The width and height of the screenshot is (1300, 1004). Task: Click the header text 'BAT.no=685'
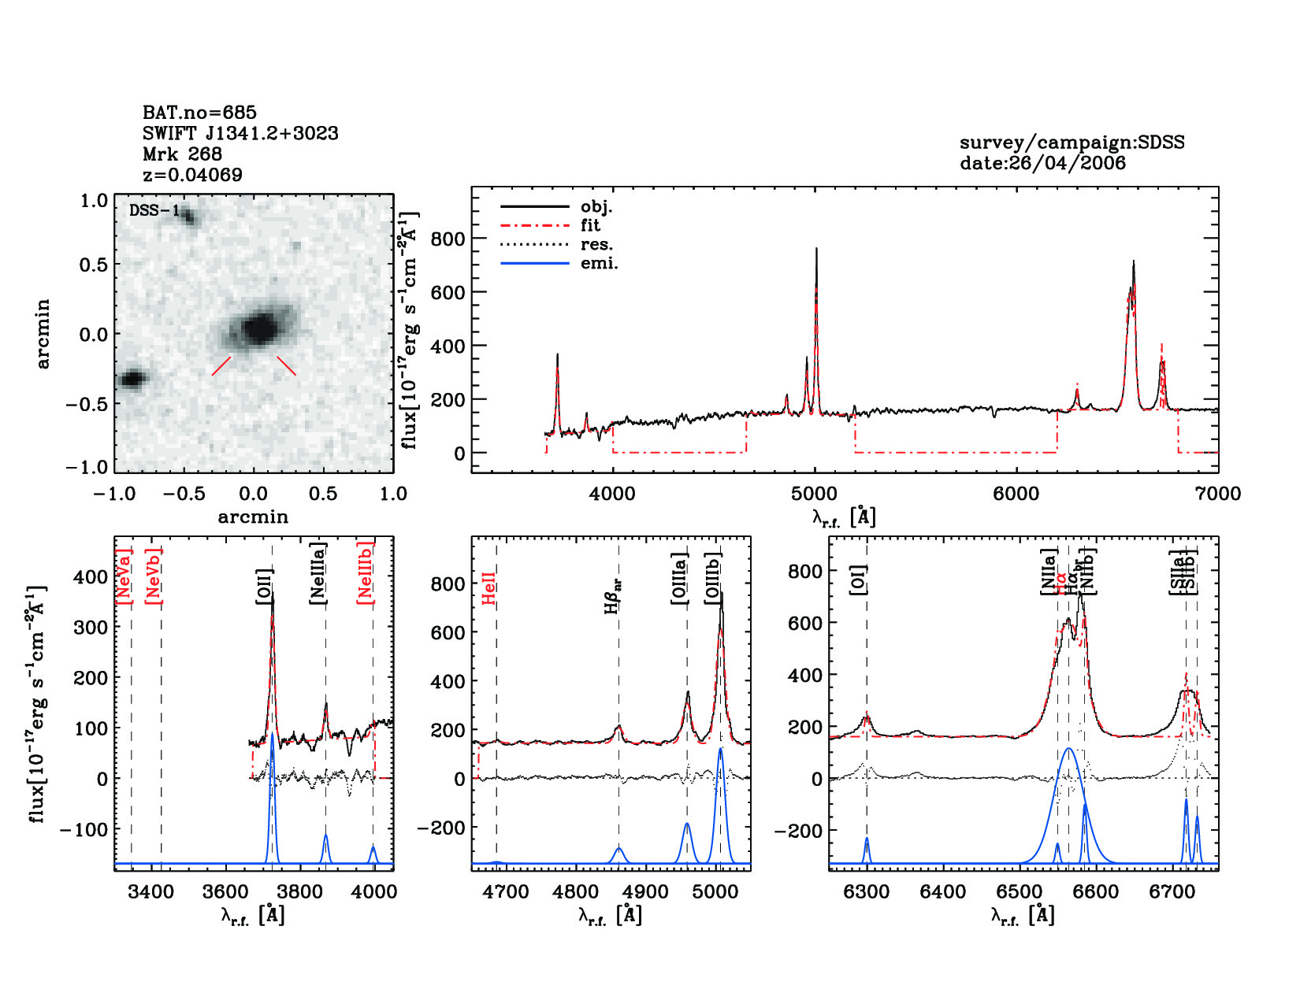199,113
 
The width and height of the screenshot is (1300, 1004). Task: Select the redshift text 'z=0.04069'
192,175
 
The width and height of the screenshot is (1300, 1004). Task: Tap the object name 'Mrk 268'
182,154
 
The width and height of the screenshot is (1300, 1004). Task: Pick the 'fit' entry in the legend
590,226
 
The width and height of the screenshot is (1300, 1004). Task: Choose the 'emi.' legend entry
599,264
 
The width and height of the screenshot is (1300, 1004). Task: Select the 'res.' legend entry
596,245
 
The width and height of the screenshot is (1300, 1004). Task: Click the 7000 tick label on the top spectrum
1217,494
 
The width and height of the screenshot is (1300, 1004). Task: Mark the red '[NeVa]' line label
124,576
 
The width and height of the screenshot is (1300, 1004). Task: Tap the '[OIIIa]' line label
680,578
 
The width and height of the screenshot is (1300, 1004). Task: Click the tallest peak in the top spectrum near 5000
816,249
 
